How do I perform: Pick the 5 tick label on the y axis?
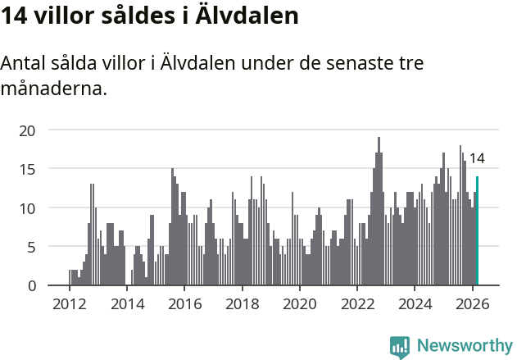(x=31, y=247)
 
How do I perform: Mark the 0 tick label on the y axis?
(x=31, y=285)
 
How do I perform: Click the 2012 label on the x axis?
(x=69, y=303)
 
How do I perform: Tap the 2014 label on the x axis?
(x=126, y=303)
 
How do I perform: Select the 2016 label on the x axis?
(x=184, y=303)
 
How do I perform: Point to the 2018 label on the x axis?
(x=242, y=303)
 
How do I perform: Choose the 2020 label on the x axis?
(x=299, y=303)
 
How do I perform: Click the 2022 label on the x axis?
(x=357, y=303)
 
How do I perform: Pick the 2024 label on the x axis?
(x=415, y=303)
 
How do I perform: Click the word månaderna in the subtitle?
(x=53, y=88)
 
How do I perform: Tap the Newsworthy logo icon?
(x=400, y=346)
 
